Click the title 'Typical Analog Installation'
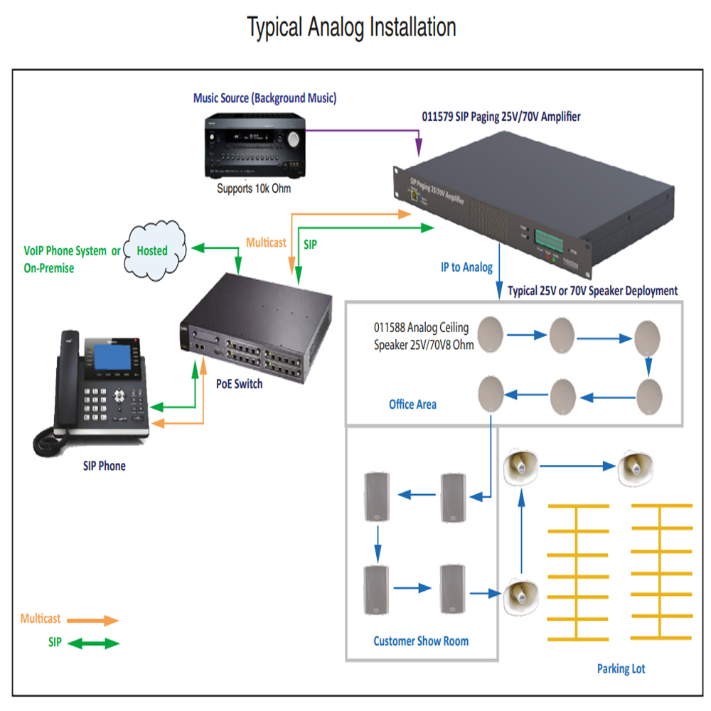pos(351,28)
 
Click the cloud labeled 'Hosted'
pos(153,250)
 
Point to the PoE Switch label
pos(239,384)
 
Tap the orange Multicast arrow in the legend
pos(100,620)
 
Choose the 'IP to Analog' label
pos(466,267)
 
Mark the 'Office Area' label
pos(412,405)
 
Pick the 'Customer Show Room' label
pos(421,641)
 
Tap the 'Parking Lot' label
pos(621,669)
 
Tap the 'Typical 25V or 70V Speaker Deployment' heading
pos(592,292)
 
